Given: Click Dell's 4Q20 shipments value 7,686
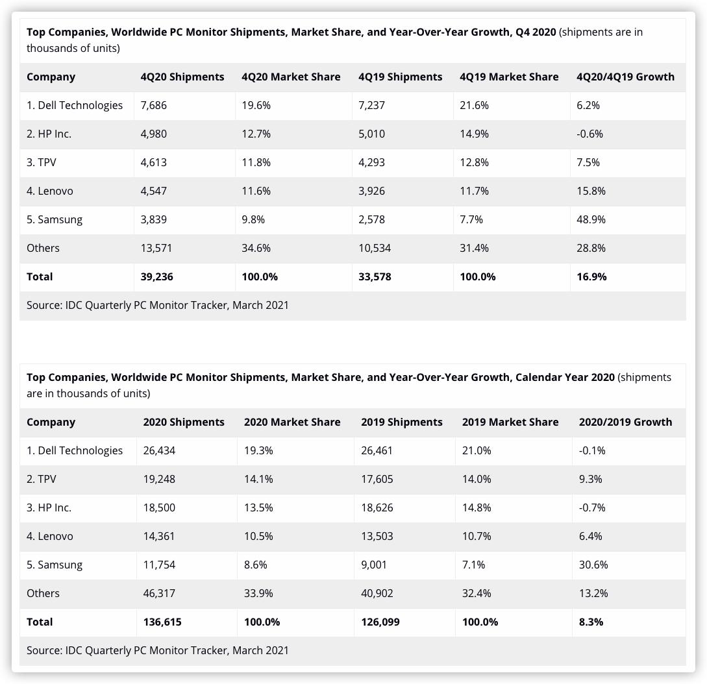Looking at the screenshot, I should click(x=154, y=105).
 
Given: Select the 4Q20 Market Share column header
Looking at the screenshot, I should click(x=291, y=77).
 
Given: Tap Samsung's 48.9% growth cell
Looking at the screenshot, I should click(x=591, y=219).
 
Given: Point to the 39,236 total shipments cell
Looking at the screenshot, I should click(x=157, y=276).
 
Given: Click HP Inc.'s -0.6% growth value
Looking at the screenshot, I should click(x=589, y=134).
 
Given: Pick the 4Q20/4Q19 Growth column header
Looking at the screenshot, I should click(x=625, y=77).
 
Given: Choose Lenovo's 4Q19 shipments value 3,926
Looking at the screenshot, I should click(x=371, y=191).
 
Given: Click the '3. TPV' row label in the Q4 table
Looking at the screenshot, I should click(x=42, y=162).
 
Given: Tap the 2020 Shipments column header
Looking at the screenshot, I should click(x=184, y=422).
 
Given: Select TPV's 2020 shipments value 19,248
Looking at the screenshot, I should click(x=159, y=479).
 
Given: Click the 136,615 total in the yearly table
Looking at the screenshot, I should click(x=162, y=622).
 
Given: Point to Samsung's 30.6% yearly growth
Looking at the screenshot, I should click(x=593, y=565).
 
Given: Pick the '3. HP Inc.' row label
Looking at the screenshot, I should click(x=49, y=507).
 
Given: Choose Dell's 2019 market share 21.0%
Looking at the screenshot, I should click(x=477, y=450).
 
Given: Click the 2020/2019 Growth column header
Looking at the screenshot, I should click(x=625, y=422).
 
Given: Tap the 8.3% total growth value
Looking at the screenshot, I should click(x=591, y=622).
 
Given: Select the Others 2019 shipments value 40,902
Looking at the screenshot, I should click(x=377, y=593).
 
